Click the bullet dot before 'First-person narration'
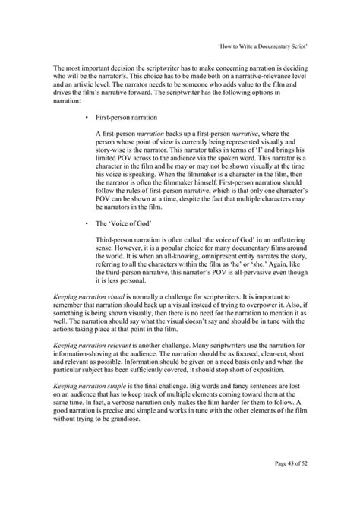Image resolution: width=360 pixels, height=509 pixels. coord(88,119)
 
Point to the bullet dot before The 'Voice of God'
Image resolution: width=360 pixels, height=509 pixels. coord(88,225)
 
